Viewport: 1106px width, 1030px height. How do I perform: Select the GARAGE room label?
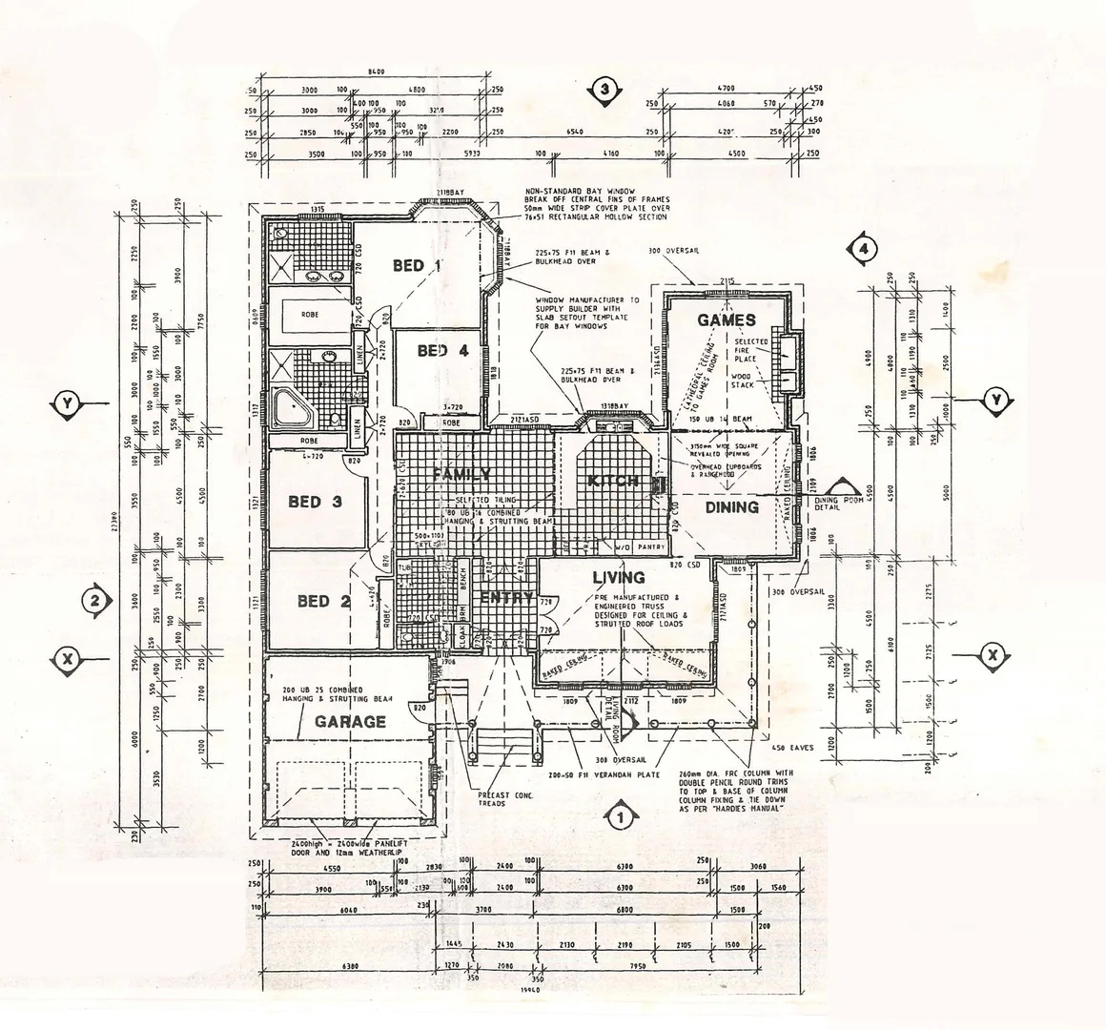(350, 722)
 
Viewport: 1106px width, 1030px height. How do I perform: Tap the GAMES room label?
(727, 320)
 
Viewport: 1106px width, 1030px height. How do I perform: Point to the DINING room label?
(732, 507)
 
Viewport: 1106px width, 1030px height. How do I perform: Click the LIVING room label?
(618, 577)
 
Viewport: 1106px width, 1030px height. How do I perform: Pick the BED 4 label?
(443, 351)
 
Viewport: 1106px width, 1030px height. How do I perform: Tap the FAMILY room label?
(461, 474)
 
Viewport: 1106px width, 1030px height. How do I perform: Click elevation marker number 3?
(605, 91)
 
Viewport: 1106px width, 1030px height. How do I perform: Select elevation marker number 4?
(863, 249)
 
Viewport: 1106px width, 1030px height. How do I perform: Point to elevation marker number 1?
(621, 816)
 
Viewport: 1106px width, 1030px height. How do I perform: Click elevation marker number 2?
(94, 601)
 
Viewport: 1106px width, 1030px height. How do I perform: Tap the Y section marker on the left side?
(67, 404)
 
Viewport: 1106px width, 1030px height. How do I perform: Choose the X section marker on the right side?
(993, 655)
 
